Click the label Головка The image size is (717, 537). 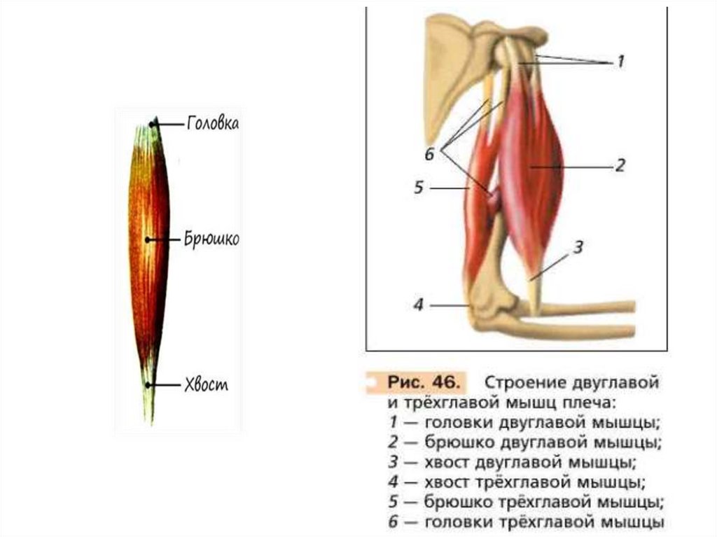pos(213,124)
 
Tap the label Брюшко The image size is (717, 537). pos(212,239)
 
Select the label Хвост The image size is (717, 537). pos(207,385)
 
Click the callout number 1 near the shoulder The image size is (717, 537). pos(619,62)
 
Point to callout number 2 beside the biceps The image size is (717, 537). pos(620,167)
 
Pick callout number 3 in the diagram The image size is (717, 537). pos(578,247)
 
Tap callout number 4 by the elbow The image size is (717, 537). pos(419,305)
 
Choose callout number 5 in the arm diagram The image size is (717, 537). pos(419,188)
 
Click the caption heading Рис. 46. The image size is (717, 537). pos(421,383)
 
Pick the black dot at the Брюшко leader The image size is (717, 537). pos(147,239)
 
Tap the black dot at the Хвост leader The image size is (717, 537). pos(148,385)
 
